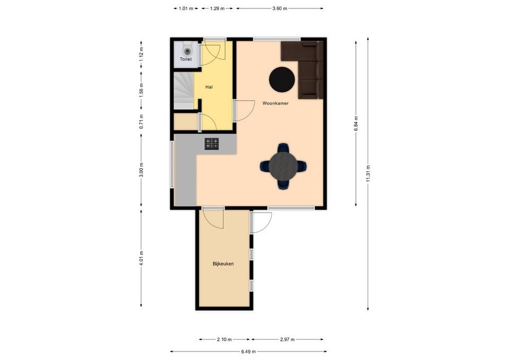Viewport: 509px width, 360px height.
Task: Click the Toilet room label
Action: pyautogui.click(x=186, y=59)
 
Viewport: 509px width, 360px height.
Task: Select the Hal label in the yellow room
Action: pyautogui.click(x=209, y=87)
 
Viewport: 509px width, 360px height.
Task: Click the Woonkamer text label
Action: pyautogui.click(x=276, y=103)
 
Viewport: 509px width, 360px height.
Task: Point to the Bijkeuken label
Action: pyautogui.click(x=223, y=264)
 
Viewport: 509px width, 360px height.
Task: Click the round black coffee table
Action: pyautogui.click(x=282, y=80)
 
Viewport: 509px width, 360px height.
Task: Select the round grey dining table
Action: pyautogui.click(x=283, y=166)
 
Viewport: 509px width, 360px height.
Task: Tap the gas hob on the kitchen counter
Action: pyautogui.click(x=212, y=144)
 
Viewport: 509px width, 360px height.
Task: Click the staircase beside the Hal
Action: pyautogui.click(x=184, y=91)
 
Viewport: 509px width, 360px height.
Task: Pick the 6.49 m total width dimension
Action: pyautogui.click(x=248, y=351)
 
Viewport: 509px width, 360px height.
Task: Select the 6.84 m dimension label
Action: pyautogui.click(x=356, y=124)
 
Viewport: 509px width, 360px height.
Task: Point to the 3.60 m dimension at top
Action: pyautogui.click(x=279, y=8)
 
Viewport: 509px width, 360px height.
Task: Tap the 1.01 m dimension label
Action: pyautogui.click(x=186, y=8)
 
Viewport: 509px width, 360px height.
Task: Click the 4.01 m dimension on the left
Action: pyautogui.click(x=141, y=258)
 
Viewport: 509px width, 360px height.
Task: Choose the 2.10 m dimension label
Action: pyautogui.click(x=224, y=339)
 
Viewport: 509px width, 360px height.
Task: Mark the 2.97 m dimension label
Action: pyautogui.click(x=287, y=339)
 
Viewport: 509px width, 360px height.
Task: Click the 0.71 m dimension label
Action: pyautogui.click(x=141, y=121)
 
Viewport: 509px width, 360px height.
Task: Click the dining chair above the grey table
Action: pyautogui.click(x=283, y=148)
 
